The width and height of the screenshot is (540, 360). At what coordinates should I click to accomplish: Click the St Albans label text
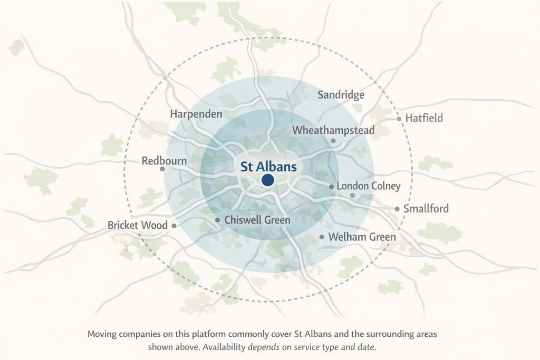coord(268,167)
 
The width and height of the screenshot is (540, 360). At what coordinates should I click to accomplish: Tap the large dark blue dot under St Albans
coord(268,180)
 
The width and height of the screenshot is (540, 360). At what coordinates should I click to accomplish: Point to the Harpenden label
coord(196,114)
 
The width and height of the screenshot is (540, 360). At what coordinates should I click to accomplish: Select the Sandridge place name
coord(341,95)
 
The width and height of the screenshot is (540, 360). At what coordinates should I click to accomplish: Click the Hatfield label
coord(424,118)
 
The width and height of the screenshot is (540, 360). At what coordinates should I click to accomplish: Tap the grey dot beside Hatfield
coord(399,119)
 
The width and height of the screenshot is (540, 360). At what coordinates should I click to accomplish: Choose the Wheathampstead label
coord(333,130)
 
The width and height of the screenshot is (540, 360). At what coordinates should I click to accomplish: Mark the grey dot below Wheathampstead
coord(333,141)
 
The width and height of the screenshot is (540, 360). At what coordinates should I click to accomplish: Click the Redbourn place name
coord(164,160)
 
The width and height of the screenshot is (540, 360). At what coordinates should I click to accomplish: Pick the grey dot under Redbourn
coord(162,169)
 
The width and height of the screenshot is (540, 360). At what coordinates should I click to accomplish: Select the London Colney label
coord(369,186)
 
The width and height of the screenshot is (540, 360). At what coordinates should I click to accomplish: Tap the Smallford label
coord(426,209)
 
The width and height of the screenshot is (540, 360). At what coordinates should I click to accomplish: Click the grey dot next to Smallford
coord(397,209)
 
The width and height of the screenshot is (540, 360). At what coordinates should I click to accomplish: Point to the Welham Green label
coord(362,237)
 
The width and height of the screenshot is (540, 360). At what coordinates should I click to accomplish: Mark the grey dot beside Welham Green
coord(322,237)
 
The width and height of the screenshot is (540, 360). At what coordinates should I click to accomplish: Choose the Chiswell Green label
coord(257,220)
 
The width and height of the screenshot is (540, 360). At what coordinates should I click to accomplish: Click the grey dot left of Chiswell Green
coord(217,220)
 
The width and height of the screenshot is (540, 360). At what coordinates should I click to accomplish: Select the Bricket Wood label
coord(137,225)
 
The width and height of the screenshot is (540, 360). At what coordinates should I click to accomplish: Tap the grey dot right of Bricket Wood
coord(174,226)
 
